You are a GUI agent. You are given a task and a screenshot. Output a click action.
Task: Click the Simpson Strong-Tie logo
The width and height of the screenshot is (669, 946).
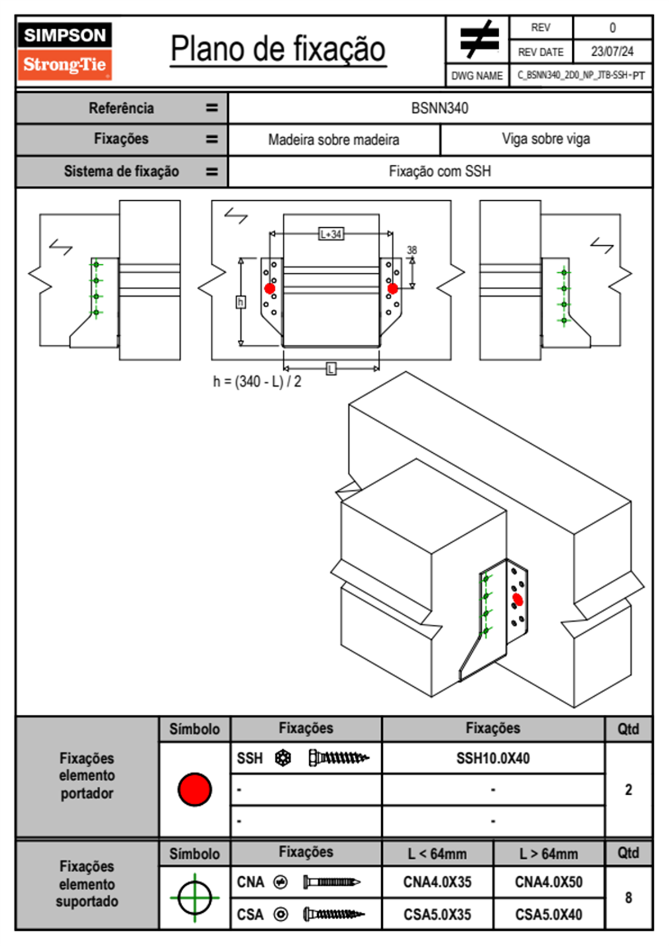coord(65,51)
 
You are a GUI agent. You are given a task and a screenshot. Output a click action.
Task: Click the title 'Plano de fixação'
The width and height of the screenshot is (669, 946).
coord(278,49)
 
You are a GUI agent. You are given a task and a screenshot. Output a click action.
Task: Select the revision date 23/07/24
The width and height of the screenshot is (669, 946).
coord(612,52)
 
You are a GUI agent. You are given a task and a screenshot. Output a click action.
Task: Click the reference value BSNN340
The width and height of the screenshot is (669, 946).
coord(440,108)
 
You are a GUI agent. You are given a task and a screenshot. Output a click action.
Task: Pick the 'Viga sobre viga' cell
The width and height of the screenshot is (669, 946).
coord(546,139)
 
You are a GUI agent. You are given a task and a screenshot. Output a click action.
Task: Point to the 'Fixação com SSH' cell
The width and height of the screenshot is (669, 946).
coord(440,171)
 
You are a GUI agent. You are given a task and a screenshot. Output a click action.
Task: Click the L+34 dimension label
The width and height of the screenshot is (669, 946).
coord(331,234)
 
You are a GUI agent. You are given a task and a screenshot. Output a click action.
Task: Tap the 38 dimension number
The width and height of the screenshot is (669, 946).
coord(412,250)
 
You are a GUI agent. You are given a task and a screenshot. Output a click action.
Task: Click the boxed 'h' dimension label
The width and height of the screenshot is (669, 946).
coord(241,302)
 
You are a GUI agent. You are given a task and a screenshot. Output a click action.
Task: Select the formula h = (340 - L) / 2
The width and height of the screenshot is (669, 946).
coord(257,381)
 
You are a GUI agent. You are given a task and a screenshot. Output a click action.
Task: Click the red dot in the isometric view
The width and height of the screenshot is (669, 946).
coord(518,600)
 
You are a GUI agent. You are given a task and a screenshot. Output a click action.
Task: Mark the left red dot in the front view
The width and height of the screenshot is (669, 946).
coord(270,289)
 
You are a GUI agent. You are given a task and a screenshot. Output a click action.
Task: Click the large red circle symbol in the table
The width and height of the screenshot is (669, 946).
coord(195,789)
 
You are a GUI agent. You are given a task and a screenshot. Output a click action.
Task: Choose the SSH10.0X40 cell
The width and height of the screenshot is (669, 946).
coord(493,758)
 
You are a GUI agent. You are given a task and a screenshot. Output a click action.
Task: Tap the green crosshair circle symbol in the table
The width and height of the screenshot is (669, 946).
coord(195,898)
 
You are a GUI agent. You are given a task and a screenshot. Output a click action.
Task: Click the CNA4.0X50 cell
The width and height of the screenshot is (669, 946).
coord(549,882)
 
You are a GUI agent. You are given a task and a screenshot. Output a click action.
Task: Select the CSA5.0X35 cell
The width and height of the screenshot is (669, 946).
coord(437,915)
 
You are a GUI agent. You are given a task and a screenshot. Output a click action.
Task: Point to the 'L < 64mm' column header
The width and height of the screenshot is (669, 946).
coord(437,854)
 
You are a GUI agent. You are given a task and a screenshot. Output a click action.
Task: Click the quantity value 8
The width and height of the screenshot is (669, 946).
coord(629,898)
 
